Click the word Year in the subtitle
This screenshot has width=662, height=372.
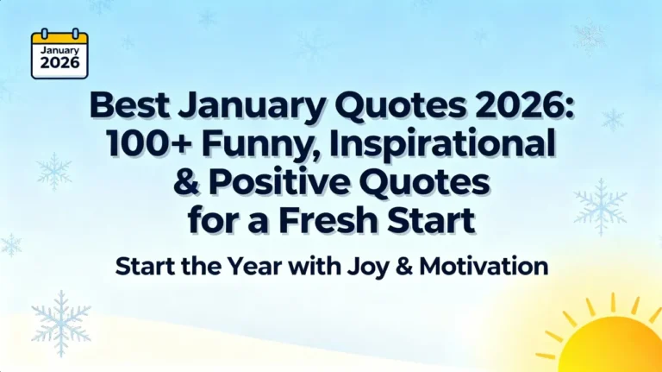pyautogui.click(x=264, y=267)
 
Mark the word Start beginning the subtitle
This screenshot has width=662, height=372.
pyautogui.click(x=147, y=267)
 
